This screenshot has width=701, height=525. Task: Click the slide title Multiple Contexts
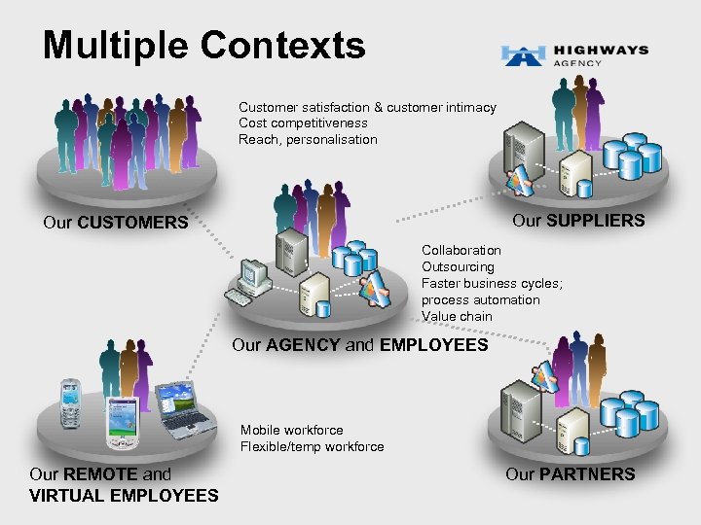[204, 45]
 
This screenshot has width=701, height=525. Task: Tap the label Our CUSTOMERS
[116, 223]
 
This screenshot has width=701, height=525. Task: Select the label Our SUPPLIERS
[578, 221]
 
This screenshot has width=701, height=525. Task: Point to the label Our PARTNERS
[570, 474]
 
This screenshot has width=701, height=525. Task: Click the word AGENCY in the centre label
[303, 344]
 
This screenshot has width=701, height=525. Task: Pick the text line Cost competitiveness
[303, 123]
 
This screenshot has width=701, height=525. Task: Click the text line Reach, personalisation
[308, 139]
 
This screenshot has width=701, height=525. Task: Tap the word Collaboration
[461, 250]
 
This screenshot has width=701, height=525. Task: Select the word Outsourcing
[458, 266]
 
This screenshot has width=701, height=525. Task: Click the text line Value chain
[457, 316]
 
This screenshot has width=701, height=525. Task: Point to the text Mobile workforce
[291, 430]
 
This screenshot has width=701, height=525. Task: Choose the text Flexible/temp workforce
[312, 446]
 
